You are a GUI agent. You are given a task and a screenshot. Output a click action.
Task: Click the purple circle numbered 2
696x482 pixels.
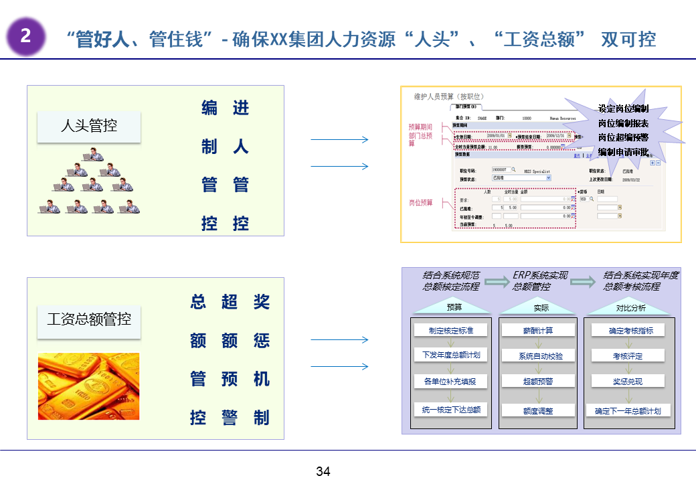pyautogui.click(x=25, y=36)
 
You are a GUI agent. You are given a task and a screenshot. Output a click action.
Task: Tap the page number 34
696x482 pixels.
pyautogui.click(x=323, y=471)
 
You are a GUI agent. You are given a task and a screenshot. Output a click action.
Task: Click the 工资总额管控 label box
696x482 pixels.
pyautogui.click(x=88, y=319)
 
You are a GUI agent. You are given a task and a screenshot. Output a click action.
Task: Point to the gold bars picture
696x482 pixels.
pyautogui.click(x=88, y=386)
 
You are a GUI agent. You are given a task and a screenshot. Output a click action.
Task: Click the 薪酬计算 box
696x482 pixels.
pyautogui.click(x=538, y=330)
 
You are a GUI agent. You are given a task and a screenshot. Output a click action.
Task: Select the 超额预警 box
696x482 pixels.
pyautogui.click(x=538, y=382)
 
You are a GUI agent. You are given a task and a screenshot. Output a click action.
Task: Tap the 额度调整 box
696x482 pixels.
pyautogui.click(x=538, y=410)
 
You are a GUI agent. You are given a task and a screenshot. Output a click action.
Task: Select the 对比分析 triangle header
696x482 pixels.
pyautogui.click(x=630, y=307)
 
